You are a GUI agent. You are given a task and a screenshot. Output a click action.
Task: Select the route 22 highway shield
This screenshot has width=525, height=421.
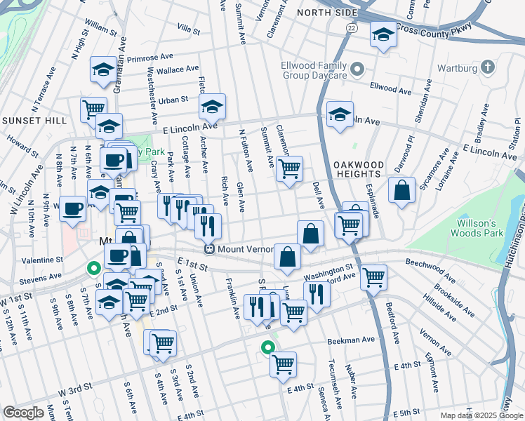[x=350, y=27]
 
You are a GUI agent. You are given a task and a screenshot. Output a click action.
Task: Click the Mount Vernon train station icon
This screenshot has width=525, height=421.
[x=208, y=249]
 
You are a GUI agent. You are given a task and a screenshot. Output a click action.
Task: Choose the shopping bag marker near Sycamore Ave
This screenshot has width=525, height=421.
[x=401, y=190]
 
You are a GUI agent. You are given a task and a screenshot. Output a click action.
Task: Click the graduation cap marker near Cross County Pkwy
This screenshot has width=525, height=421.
[x=383, y=34]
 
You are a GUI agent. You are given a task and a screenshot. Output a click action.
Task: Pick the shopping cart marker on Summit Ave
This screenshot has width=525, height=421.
[x=288, y=168]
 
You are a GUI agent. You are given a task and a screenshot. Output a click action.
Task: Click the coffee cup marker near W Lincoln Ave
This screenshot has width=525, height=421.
[x=72, y=208]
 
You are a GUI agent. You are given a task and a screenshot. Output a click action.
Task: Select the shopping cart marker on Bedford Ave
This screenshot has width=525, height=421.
[x=373, y=276]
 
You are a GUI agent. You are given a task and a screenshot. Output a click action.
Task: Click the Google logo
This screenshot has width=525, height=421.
[x=24, y=413]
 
